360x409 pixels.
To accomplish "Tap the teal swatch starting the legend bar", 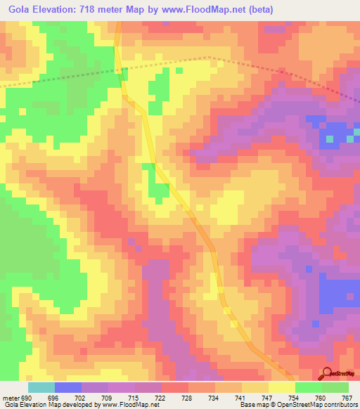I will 41,387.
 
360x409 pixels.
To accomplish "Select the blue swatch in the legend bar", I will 68,387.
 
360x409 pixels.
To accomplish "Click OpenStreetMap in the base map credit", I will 295,405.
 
